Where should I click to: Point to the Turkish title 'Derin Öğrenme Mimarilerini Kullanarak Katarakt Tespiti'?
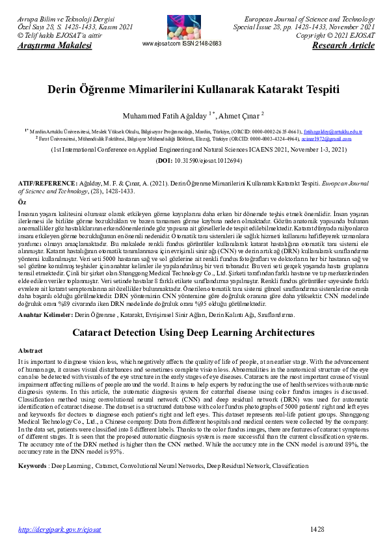click(x=193, y=90)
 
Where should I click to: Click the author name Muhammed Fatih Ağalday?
click(x=164, y=116)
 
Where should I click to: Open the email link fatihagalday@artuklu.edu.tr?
click(x=332, y=132)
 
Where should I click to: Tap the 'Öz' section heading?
click(x=21, y=203)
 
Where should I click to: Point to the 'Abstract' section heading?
click(x=30, y=349)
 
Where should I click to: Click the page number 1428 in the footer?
click(x=317, y=530)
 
